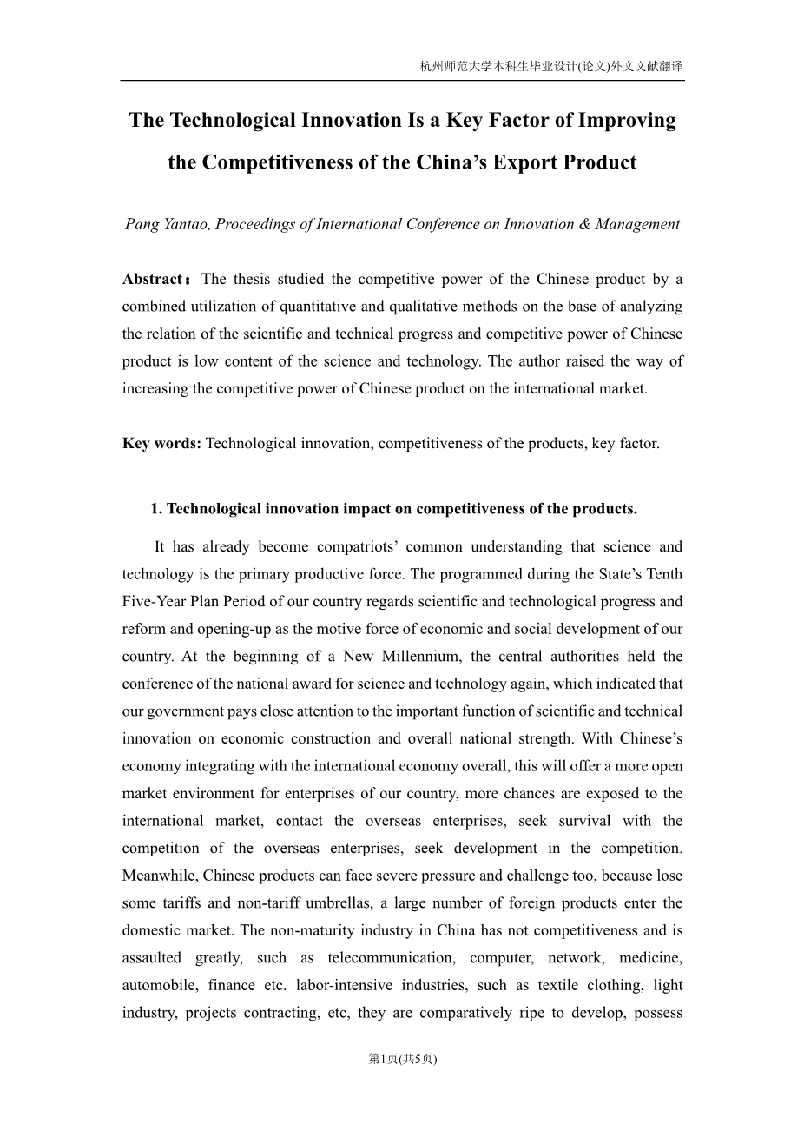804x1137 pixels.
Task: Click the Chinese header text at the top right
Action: [550, 66]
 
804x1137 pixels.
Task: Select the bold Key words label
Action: [161, 443]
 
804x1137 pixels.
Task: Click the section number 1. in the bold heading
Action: [156, 509]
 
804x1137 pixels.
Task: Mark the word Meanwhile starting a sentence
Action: [160, 876]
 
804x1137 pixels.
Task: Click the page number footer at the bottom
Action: [402, 1059]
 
